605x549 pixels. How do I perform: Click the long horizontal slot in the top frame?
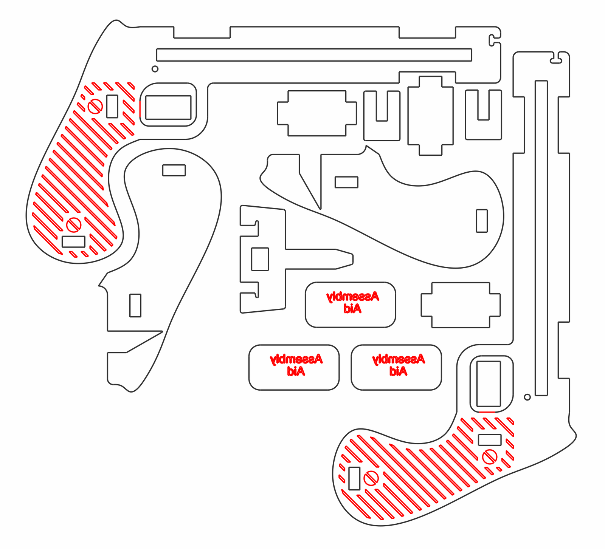point(314,55)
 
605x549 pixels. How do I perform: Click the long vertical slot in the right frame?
point(541,238)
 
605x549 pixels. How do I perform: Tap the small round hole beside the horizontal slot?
point(155,69)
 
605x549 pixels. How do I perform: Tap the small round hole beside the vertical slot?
point(527,397)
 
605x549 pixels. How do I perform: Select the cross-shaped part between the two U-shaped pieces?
point(430,116)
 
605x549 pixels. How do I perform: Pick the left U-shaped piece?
point(382,130)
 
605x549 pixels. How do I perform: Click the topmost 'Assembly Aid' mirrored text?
point(352,302)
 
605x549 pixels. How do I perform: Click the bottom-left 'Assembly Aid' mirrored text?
point(296,365)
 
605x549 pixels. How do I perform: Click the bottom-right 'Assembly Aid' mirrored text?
point(398,365)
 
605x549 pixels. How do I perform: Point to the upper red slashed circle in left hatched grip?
point(95,106)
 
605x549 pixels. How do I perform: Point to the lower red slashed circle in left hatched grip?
point(74,225)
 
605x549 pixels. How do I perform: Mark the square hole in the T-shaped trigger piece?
point(260,259)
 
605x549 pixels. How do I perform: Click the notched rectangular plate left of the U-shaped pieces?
point(317,113)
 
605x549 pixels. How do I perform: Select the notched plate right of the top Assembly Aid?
point(461,305)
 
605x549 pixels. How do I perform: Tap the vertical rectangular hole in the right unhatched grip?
point(482,221)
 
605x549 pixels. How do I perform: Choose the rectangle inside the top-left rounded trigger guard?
point(168,107)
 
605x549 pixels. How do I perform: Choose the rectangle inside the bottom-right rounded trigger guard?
point(489,384)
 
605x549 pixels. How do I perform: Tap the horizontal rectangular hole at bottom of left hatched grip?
point(73,242)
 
